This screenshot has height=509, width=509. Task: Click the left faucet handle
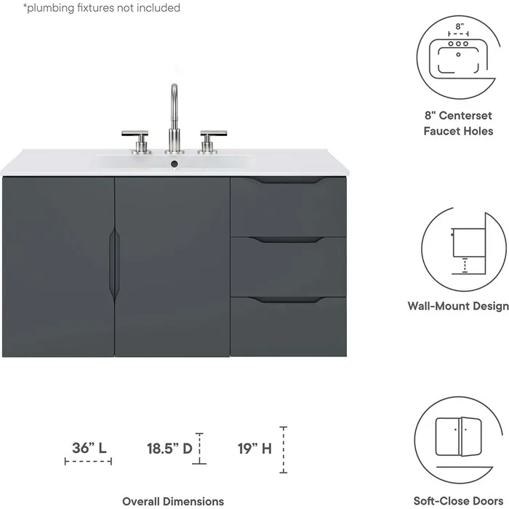point(135,134)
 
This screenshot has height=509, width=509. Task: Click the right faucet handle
point(213,134)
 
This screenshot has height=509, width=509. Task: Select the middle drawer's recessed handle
point(289,239)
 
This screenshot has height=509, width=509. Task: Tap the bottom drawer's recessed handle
point(289,300)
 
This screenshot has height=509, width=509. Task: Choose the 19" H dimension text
point(255,448)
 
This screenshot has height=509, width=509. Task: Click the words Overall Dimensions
point(173,501)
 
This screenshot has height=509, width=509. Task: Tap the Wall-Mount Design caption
point(458,306)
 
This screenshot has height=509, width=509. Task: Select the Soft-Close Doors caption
point(458,501)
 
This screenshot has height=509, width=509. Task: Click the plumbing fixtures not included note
point(102,8)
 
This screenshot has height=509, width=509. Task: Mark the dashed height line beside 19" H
point(284,449)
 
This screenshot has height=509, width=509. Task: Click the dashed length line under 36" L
point(88,461)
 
